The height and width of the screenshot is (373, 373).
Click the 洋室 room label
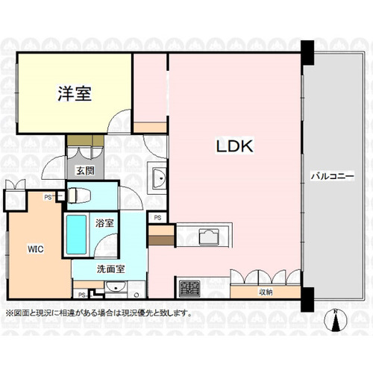[x=75, y=93]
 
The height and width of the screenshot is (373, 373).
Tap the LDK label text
[x=235, y=146]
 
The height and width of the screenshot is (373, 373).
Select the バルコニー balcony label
[x=333, y=177]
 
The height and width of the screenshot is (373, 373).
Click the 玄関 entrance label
[x=85, y=171]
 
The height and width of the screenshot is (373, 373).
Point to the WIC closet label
[x=36, y=249]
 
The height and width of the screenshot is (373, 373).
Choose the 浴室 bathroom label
[x=104, y=223]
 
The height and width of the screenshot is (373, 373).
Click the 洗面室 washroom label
[x=110, y=269]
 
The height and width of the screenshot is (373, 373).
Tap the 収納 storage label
[x=266, y=292]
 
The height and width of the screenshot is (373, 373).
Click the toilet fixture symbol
[x=79, y=195]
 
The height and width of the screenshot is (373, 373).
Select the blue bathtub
[x=77, y=235]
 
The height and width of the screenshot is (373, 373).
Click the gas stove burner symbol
[x=189, y=289]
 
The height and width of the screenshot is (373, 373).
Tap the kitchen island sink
[x=209, y=237]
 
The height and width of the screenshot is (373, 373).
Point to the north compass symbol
[x=336, y=320]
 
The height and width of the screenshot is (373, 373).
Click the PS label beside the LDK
[x=157, y=218]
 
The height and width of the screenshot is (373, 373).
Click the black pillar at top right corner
[x=307, y=53]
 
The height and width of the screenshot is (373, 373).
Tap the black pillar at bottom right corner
[x=307, y=299]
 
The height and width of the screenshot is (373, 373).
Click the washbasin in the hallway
[x=157, y=178]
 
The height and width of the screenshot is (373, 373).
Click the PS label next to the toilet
[x=48, y=198]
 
